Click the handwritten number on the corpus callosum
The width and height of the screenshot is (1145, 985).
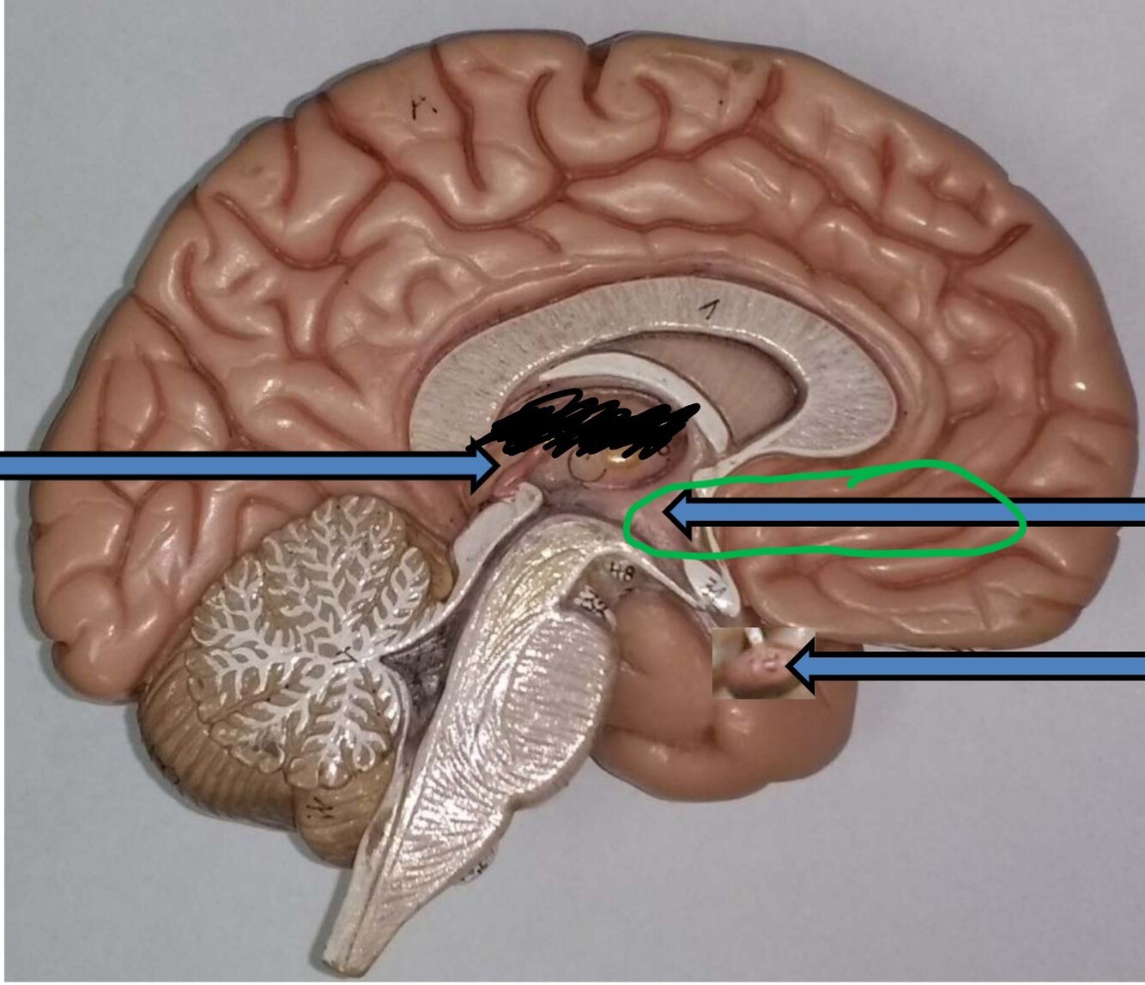click(708, 311)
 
